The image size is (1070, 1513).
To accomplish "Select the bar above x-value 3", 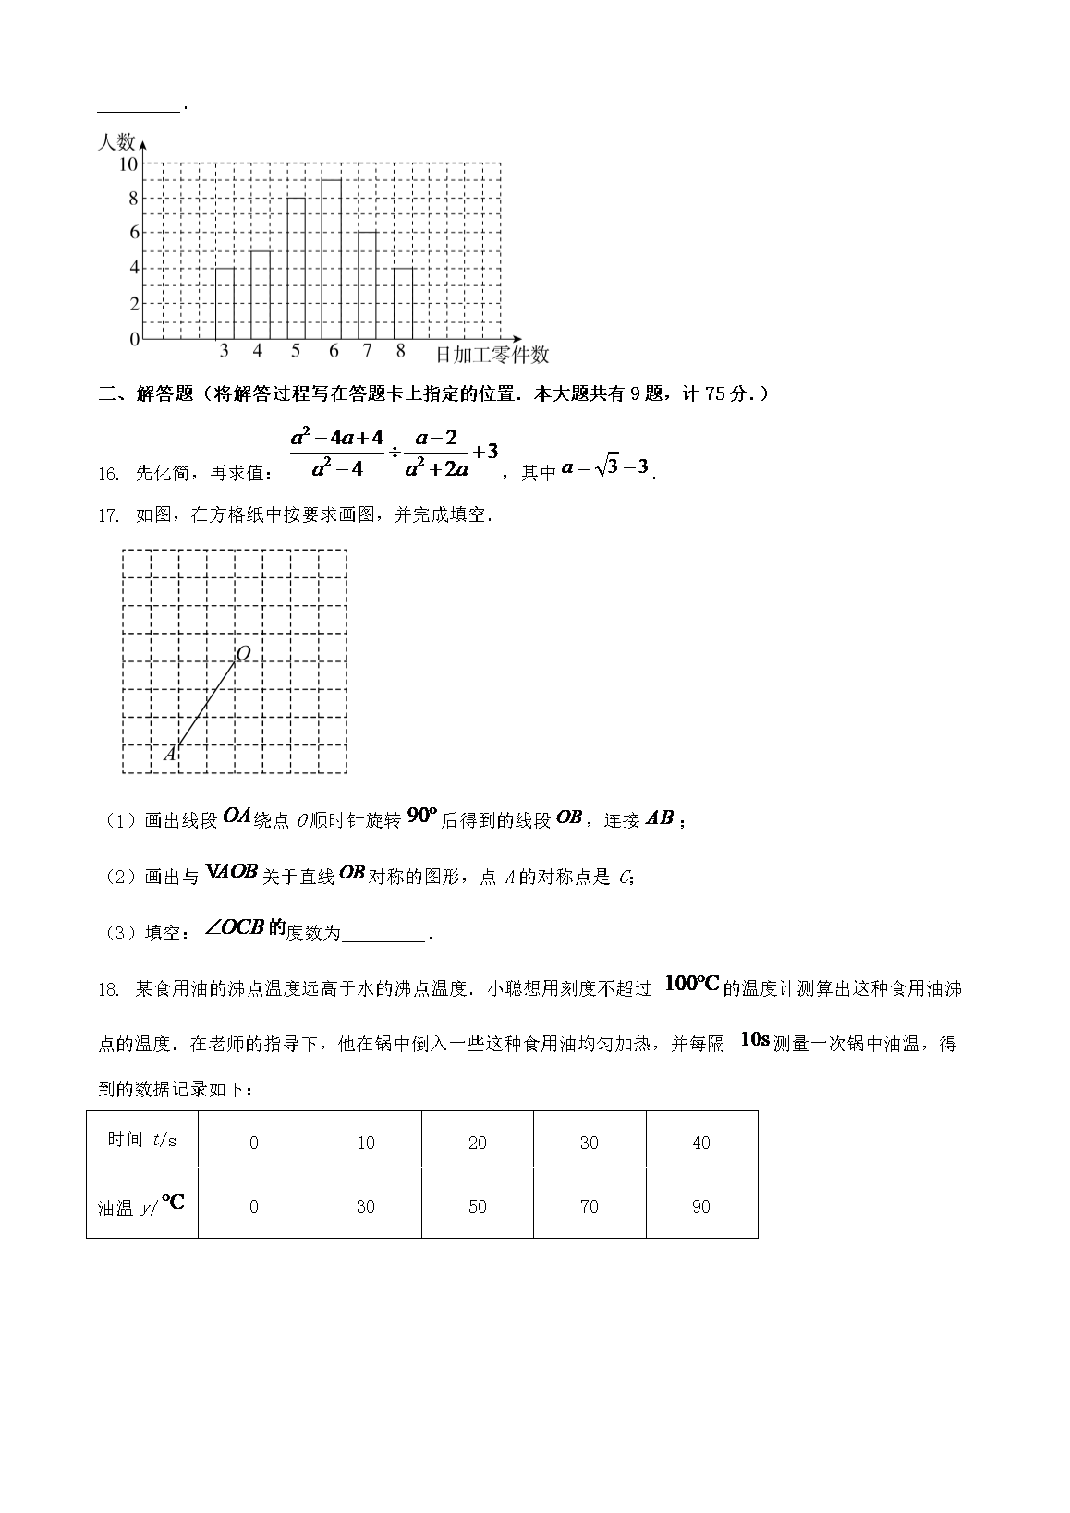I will [225, 304].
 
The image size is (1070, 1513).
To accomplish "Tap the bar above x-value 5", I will [296, 269].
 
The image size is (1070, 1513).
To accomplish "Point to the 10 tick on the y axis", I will [128, 164].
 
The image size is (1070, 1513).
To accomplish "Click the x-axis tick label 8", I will [400, 352].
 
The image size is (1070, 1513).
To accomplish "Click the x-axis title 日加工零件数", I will [492, 355].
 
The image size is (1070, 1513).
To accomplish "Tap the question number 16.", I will [108, 474].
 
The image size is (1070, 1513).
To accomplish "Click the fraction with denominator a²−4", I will [336, 452].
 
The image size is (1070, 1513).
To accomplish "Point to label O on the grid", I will [243, 654].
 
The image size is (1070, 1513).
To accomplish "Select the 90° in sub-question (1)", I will [420, 816].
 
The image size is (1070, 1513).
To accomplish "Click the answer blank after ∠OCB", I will [383, 933].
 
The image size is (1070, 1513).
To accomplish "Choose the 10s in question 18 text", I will [755, 1040].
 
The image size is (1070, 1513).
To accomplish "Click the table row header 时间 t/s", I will [141, 1140].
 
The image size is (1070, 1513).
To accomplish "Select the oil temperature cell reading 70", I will [590, 1206].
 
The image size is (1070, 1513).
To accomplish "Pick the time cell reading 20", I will [478, 1144].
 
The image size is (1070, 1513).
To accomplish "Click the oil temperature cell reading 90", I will [701, 1206].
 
